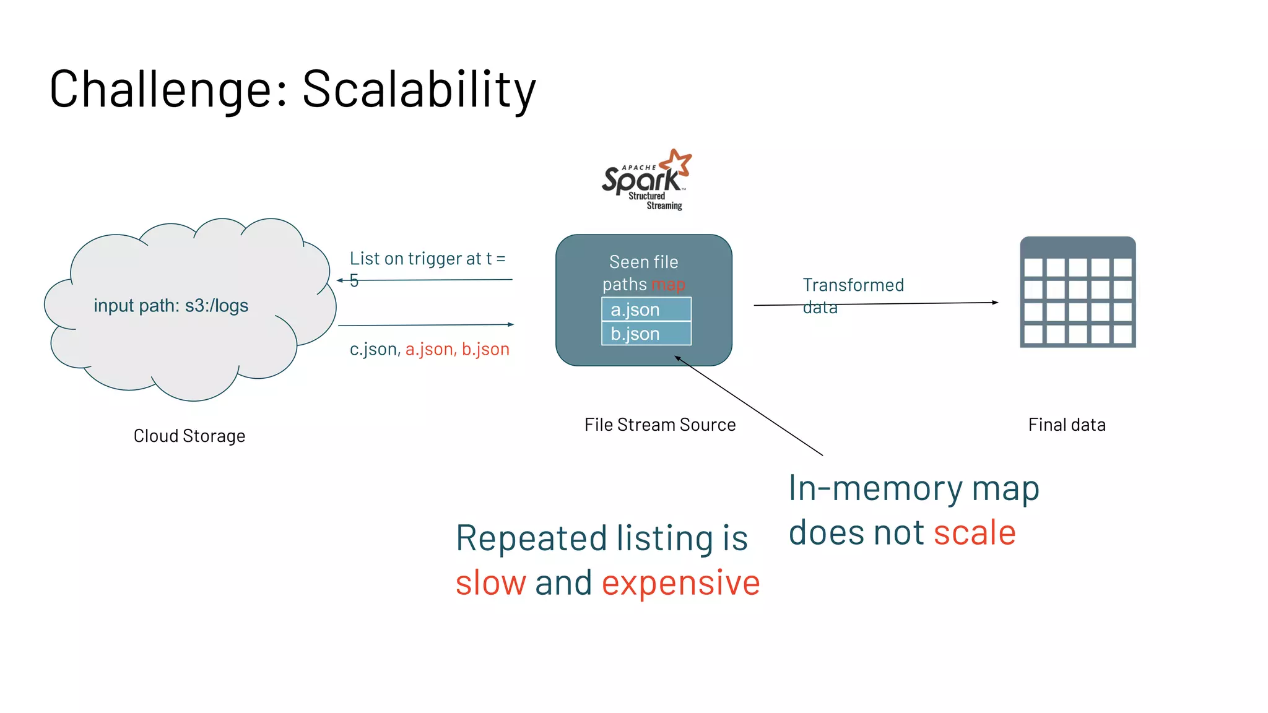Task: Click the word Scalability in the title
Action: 419,90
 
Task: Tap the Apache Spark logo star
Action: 677,162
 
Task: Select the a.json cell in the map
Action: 646,309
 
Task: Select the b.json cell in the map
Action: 646,334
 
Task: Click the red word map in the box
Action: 668,285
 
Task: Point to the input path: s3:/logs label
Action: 171,306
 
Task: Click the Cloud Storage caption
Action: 189,436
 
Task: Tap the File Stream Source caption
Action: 660,425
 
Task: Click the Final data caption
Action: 1067,425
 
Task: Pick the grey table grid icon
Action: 1077,292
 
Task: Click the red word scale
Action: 975,533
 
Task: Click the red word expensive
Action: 680,583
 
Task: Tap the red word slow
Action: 490,583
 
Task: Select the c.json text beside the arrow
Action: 374,350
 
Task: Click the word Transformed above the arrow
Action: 853,285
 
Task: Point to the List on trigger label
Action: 427,259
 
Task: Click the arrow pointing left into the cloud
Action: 427,280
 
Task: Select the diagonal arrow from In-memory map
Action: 749,406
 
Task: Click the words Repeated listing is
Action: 602,538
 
